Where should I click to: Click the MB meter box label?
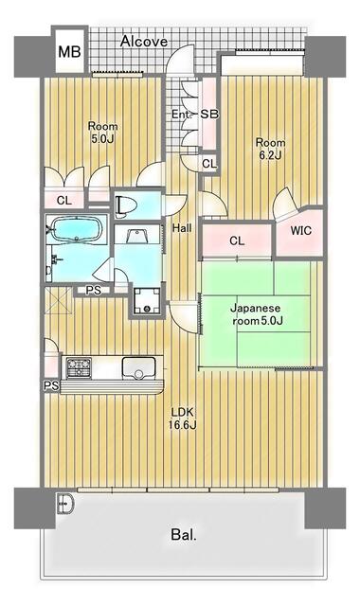(x=69, y=51)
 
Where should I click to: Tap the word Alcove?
(x=144, y=42)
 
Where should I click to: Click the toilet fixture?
(x=125, y=205)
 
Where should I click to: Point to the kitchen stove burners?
(x=79, y=367)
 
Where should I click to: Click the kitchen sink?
(x=139, y=367)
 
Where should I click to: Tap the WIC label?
(x=301, y=231)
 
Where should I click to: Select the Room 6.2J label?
(x=270, y=149)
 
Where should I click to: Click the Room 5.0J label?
(x=102, y=133)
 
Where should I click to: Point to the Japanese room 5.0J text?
(x=256, y=314)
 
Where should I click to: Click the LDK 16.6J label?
(x=183, y=419)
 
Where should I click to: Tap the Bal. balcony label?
(x=184, y=535)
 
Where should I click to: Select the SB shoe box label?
(x=209, y=114)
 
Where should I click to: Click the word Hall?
(x=182, y=228)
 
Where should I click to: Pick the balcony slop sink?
(x=65, y=504)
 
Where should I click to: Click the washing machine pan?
(x=147, y=300)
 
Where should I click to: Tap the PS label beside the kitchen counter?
(x=51, y=385)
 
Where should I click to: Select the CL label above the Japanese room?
(x=237, y=241)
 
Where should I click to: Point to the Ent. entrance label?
(x=182, y=115)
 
